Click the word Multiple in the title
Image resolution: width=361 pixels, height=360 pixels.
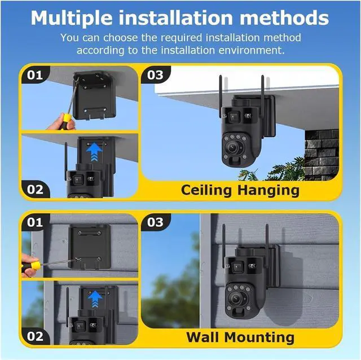coord(72,18)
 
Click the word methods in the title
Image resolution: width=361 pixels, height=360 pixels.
coord(284,17)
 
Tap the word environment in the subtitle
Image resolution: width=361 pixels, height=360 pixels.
coord(250,50)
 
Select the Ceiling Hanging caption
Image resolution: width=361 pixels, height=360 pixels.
coord(240,191)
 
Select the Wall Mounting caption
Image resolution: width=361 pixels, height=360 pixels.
coord(240,337)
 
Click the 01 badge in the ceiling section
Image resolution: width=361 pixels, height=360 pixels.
coord(35,75)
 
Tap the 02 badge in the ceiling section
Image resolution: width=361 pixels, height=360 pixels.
coord(35,190)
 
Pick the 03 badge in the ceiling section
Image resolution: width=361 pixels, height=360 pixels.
coord(155,75)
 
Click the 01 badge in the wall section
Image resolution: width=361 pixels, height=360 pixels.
coord(35,222)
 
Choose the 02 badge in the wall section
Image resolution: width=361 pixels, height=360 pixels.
coord(35,336)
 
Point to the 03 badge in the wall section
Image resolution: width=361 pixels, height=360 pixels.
coord(155,222)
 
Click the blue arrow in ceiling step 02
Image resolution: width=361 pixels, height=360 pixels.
coord(94,152)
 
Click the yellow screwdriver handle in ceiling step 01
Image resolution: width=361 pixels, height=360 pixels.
coord(67,118)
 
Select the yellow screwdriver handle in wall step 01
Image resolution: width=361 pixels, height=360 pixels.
coord(35,265)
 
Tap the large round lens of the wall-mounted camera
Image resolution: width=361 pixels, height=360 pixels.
coord(236,298)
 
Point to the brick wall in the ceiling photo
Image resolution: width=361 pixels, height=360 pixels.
coord(322,155)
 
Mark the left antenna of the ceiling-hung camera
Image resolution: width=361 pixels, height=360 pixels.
coord(221,96)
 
